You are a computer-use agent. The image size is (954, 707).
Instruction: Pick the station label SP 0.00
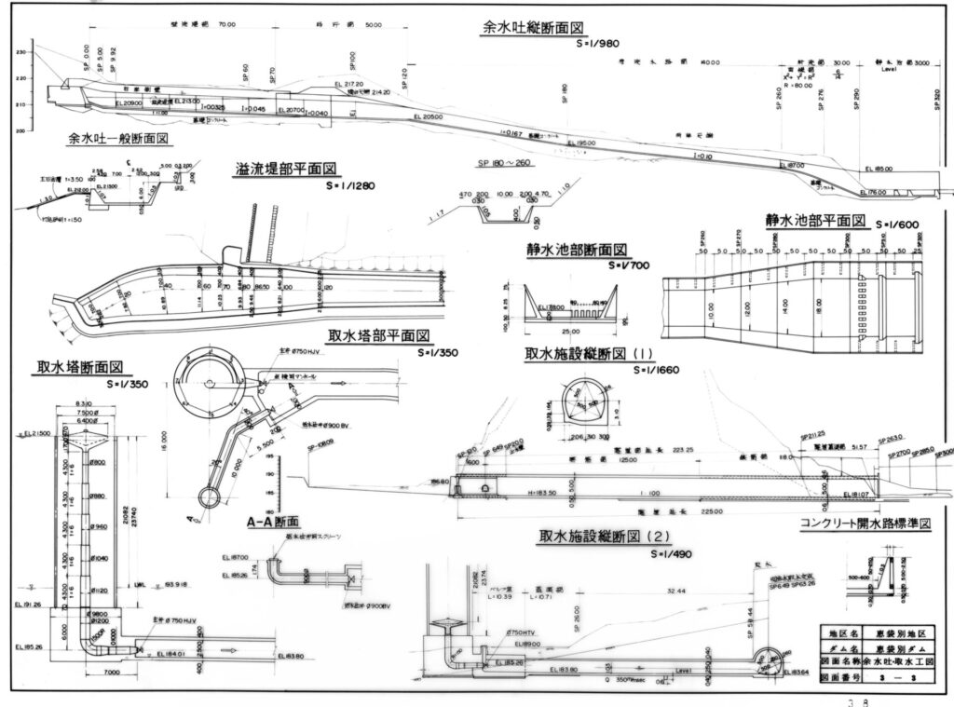coord(87,58)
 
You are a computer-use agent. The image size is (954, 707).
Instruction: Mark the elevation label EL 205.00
coord(428,117)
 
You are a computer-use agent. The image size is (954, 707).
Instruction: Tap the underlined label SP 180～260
coord(502,161)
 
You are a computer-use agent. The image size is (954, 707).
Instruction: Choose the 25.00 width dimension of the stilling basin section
coord(570,330)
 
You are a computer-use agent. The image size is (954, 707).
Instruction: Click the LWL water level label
coord(140,584)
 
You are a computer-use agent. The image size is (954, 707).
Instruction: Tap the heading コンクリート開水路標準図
coord(865,524)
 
